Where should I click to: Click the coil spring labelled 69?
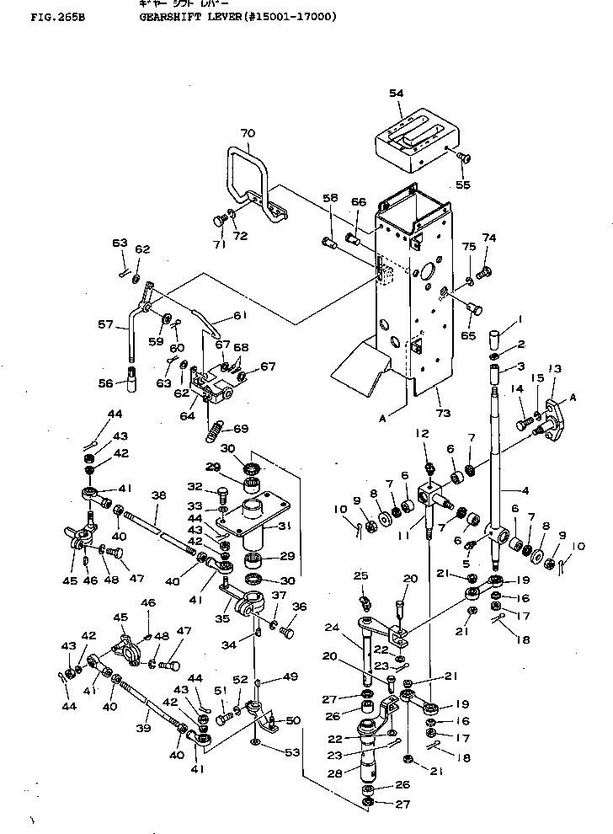(216, 425)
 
